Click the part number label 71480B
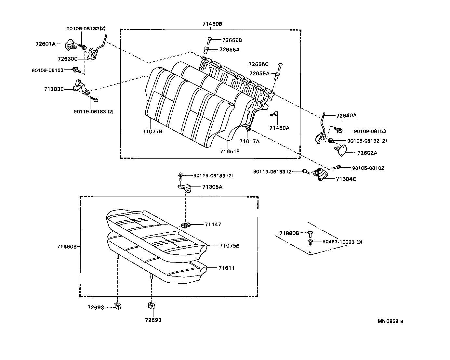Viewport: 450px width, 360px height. tap(212, 24)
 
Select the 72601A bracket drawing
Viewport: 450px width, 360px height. tap(70, 45)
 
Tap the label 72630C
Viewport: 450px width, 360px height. tap(68, 59)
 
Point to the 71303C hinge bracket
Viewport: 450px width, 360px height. tap(80, 87)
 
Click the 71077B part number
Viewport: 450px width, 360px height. tap(152, 131)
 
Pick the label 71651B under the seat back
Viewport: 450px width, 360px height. tap(230, 151)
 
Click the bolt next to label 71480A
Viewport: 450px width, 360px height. tap(275, 114)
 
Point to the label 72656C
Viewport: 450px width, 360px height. tap(259, 64)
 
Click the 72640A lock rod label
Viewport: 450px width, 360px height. tap(346, 115)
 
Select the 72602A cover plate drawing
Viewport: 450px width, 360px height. tap(340, 150)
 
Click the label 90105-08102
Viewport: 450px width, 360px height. tap(368, 168)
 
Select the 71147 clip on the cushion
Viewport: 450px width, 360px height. tap(186, 225)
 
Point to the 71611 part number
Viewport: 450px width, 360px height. tap(226, 268)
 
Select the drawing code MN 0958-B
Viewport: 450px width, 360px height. tap(390, 321)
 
